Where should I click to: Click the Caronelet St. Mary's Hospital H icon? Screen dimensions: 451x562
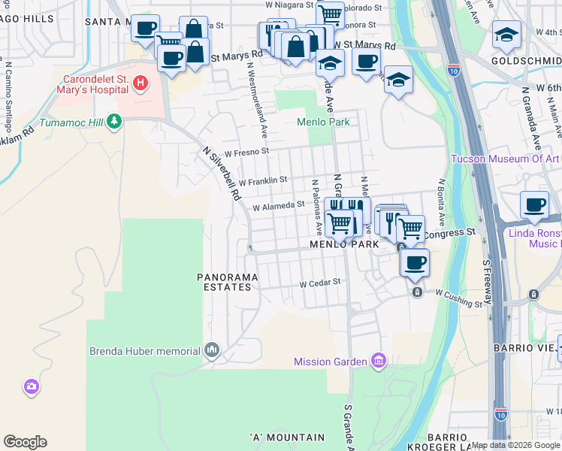click(x=140, y=83)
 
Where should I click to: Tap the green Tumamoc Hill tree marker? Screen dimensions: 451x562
click(x=113, y=120)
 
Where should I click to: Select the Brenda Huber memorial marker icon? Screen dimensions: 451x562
click(x=212, y=350)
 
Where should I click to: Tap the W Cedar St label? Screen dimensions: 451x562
click(x=320, y=283)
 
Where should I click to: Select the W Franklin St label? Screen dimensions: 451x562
click(x=262, y=180)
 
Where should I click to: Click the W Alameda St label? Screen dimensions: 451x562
click(x=278, y=205)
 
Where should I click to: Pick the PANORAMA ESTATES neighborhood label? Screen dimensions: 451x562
click(x=228, y=282)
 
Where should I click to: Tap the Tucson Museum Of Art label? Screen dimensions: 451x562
click(x=505, y=159)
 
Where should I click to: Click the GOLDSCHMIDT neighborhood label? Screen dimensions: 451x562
click(x=526, y=60)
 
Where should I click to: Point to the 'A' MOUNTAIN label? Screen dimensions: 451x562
click(x=287, y=437)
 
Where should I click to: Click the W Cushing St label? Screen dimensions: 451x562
click(x=458, y=299)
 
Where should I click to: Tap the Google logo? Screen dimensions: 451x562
click(x=25, y=442)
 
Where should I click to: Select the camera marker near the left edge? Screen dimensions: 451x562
click(x=32, y=386)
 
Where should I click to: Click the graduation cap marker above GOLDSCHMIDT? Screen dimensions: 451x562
click(x=506, y=35)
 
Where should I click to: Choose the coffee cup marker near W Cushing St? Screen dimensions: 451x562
click(x=414, y=263)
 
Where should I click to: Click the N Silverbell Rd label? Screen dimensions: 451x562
click(x=222, y=173)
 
